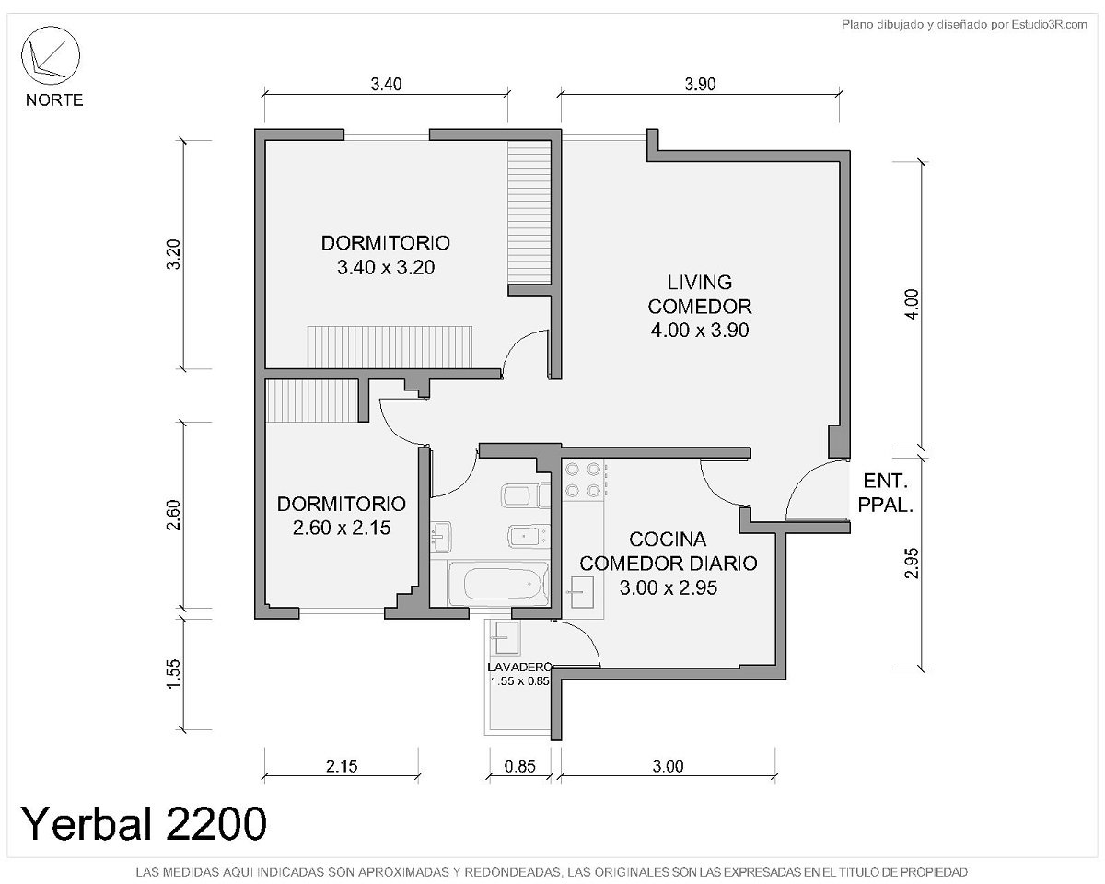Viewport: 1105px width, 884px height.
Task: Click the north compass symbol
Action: (51, 55)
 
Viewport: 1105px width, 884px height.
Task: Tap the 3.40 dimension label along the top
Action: (386, 84)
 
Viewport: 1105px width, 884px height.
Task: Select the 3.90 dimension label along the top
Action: (700, 84)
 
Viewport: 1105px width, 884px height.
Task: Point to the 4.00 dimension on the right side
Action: (912, 304)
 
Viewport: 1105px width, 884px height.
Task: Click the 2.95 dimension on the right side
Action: (912, 564)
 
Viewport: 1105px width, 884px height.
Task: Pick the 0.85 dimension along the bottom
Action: (519, 766)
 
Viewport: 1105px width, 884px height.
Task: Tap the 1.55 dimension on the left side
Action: (174, 674)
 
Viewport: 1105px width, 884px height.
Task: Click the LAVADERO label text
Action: (519, 668)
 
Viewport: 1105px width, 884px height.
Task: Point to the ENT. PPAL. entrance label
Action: (886, 494)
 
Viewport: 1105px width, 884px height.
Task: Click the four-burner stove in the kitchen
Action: (583, 480)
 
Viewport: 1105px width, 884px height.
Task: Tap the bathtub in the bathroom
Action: (498, 584)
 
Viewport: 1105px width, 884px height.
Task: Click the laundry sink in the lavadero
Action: (506, 637)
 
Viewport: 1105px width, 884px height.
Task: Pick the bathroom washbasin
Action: (440, 537)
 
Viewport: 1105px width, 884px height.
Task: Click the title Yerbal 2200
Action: (144, 823)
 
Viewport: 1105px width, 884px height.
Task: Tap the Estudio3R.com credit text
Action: (1049, 24)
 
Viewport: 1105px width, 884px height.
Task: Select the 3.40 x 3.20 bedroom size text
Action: (386, 267)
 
